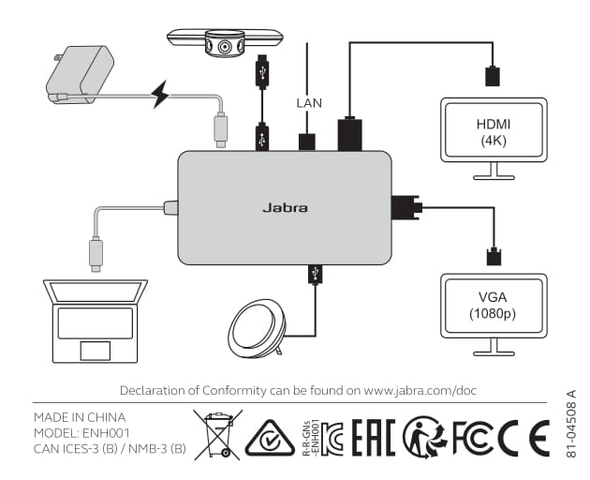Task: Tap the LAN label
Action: pos(308,103)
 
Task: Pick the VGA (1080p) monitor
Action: pos(494,306)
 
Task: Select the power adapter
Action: pos(81,75)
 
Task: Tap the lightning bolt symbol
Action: pos(161,94)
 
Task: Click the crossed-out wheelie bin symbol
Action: pos(217,433)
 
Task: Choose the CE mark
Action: pos(523,436)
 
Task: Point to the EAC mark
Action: pos(374,437)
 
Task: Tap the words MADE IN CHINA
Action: pos(80,416)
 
